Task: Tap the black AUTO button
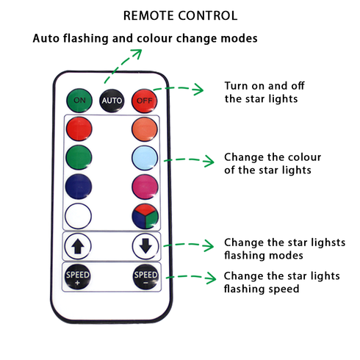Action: click(112, 101)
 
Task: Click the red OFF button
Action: click(144, 101)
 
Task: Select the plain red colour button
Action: click(79, 129)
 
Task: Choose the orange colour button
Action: click(145, 129)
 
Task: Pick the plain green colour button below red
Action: click(79, 157)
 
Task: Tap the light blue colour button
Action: click(145, 158)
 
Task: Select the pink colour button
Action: click(145, 187)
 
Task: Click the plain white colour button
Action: click(78, 216)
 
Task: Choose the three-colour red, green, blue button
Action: click(145, 216)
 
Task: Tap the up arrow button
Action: click(78, 246)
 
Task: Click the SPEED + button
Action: click(77, 277)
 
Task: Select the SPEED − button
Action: click(145, 277)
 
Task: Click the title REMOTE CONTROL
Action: click(180, 15)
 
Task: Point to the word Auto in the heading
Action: click(46, 38)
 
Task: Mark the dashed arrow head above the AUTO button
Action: click(137, 54)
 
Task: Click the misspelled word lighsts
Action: click(328, 242)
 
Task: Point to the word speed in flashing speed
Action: click(284, 289)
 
